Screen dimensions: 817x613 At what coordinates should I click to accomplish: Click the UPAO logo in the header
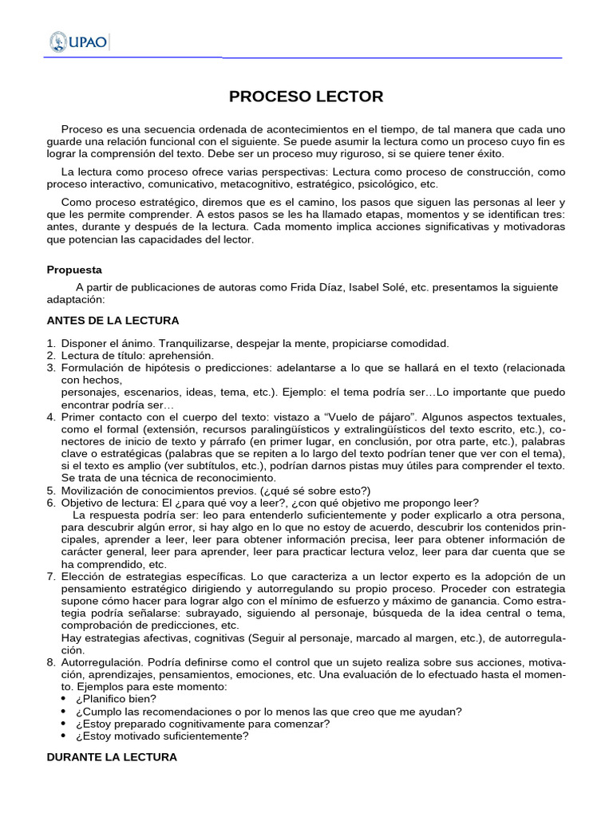click(79, 41)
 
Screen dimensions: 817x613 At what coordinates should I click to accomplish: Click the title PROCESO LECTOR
click(306, 97)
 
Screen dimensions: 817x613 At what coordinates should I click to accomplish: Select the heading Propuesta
click(74, 270)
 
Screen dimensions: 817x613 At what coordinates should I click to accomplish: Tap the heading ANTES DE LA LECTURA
click(113, 321)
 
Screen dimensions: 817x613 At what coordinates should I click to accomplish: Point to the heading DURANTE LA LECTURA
click(112, 756)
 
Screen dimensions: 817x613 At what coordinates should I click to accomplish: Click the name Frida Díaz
click(303, 287)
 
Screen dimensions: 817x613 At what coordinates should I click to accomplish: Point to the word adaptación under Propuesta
click(76, 299)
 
